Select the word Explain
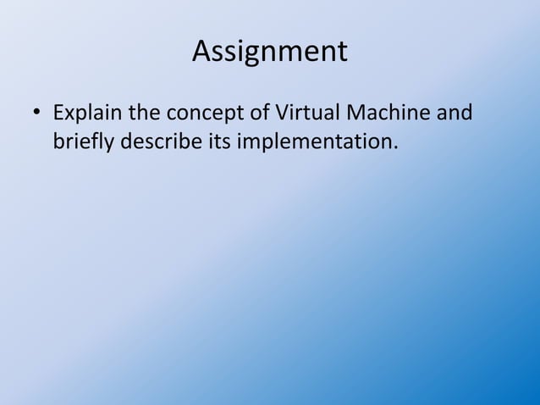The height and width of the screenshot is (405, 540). pyautogui.click(x=87, y=113)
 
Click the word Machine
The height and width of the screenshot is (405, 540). pyautogui.click(x=386, y=113)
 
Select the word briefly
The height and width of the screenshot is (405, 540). pyautogui.click(x=84, y=140)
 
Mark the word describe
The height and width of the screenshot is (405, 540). pyautogui.click(x=161, y=140)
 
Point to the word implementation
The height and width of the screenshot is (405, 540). pyautogui.click(x=313, y=141)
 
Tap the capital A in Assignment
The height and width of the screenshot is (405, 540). pyautogui.click(x=201, y=52)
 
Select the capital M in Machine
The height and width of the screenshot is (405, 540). pyautogui.click(x=354, y=113)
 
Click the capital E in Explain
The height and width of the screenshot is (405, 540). pyautogui.click(x=58, y=113)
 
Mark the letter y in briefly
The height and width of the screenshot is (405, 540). pyautogui.click(x=110, y=143)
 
